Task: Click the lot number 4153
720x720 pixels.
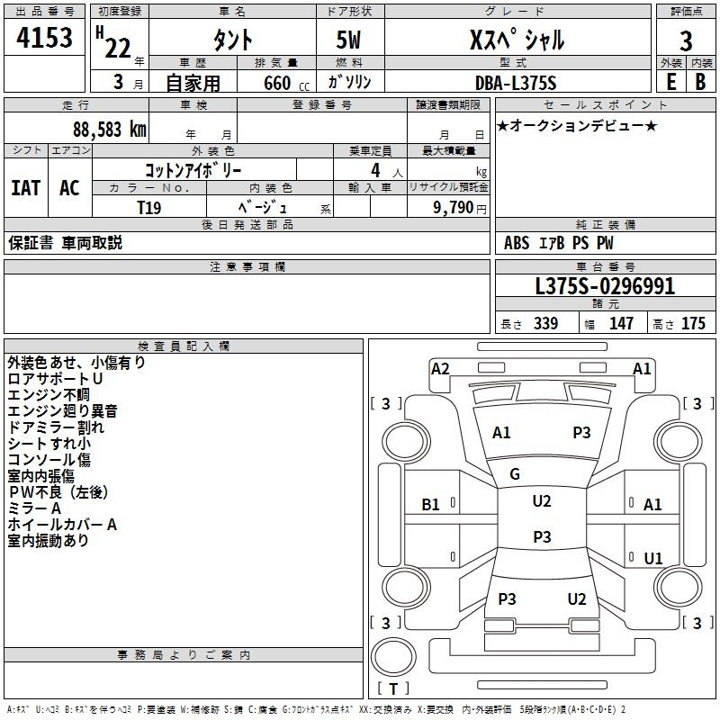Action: (x=44, y=37)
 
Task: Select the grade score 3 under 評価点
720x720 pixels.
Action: (x=686, y=40)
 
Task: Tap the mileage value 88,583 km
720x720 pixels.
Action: (x=110, y=130)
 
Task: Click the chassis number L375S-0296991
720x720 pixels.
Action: (x=605, y=286)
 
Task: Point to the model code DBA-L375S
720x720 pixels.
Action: (x=516, y=83)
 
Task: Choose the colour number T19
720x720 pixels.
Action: (x=149, y=208)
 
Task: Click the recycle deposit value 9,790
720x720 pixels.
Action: (x=454, y=207)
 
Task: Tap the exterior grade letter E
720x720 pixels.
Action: (x=670, y=82)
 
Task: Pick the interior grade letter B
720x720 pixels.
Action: (x=701, y=82)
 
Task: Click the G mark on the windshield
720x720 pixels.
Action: (x=515, y=474)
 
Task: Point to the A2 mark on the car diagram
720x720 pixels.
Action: (x=440, y=369)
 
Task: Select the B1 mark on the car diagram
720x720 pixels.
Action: (x=430, y=505)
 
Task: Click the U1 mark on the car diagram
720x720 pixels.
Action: (x=653, y=558)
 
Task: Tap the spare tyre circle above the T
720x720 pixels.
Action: (x=393, y=657)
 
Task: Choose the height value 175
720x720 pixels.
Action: (x=693, y=323)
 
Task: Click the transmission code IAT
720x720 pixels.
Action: (x=25, y=188)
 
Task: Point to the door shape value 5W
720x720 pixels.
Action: (x=348, y=40)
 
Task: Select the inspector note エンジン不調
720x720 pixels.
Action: (x=49, y=394)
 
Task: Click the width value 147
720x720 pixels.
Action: (x=621, y=323)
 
